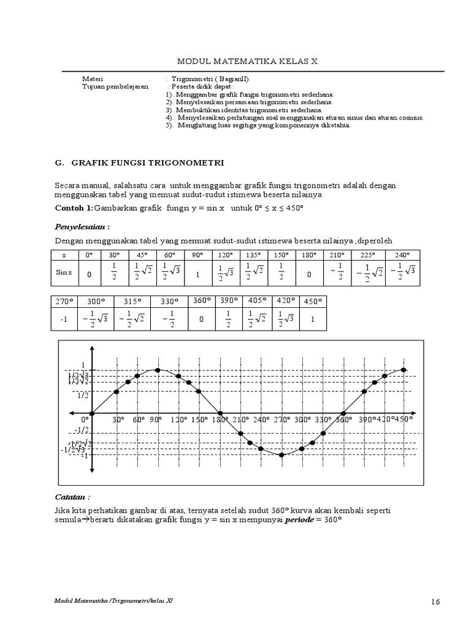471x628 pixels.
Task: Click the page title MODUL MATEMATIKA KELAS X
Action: (x=247, y=62)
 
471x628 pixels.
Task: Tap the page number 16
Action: (x=435, y=602)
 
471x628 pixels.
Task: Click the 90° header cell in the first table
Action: (x=197, y=255)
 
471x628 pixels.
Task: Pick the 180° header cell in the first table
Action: (x=307, y=255)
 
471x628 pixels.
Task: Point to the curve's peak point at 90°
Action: (x=158, y=370)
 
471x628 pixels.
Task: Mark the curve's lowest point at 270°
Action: (x=281, y=455)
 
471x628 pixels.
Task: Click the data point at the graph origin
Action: (x=92, y=413)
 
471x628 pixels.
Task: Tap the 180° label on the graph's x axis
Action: (x=220, y=420)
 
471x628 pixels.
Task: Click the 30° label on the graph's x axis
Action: (x=118, y=420)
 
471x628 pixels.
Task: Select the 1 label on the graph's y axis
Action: (x=83, y=365)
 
